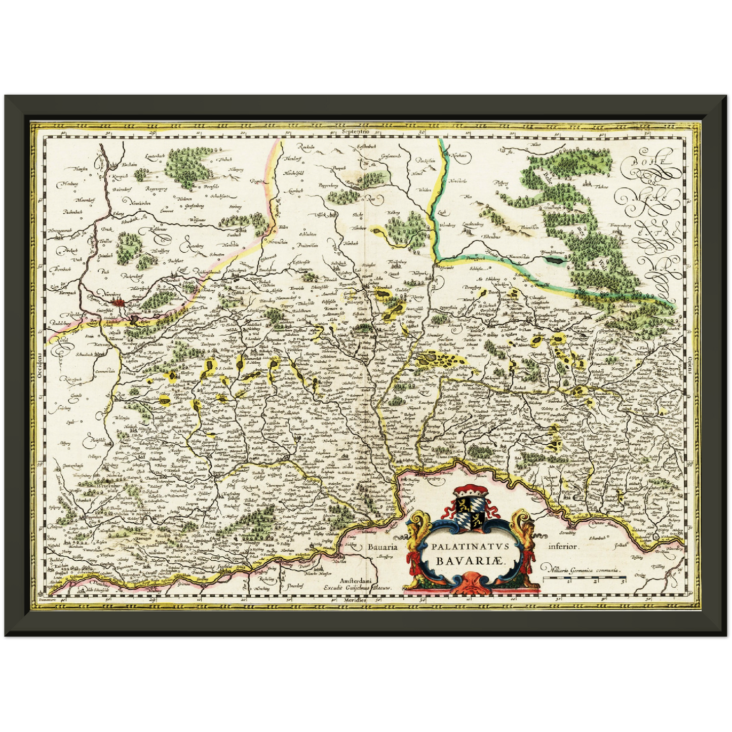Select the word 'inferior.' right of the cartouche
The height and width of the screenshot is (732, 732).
coord(563,547)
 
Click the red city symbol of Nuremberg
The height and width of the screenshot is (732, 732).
coord(120,302)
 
